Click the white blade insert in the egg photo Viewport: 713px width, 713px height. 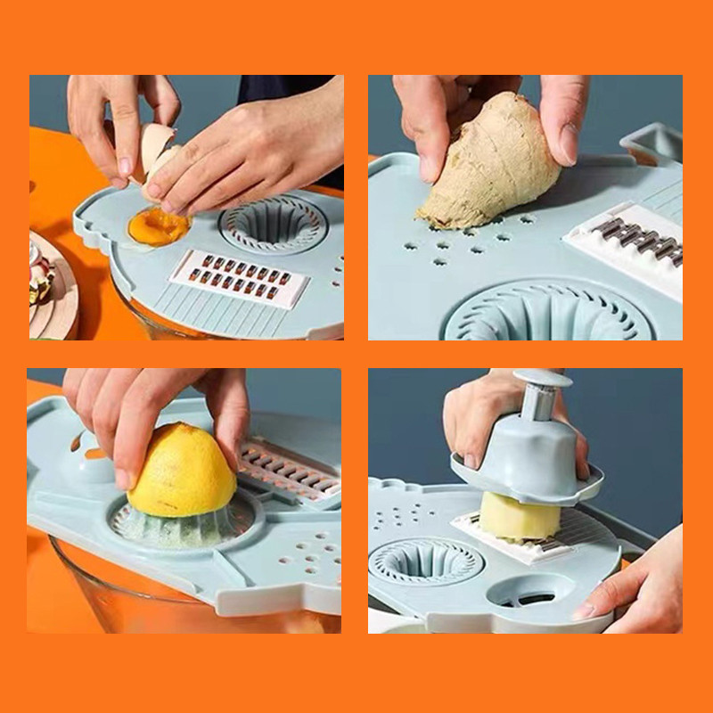click(238, 276)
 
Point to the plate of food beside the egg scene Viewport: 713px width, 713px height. click(49, 285)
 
